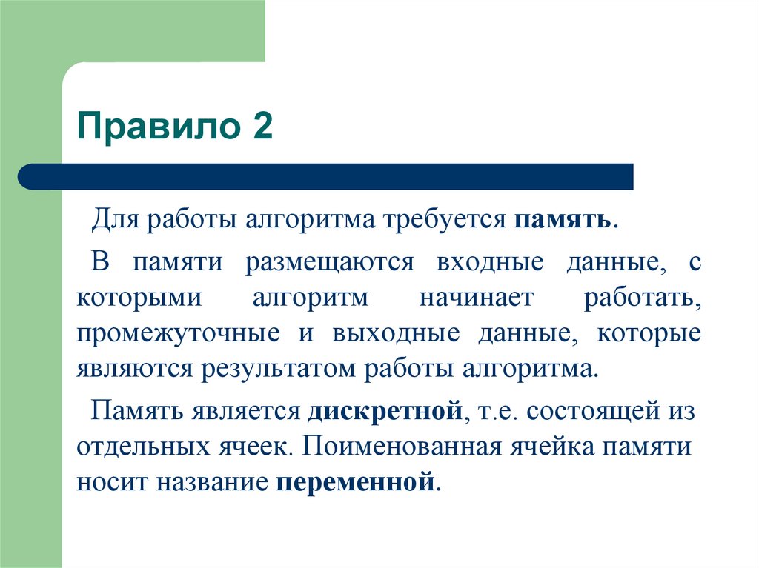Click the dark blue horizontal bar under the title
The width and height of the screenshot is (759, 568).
(326, 176)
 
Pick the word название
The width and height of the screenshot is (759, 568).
(212, 483)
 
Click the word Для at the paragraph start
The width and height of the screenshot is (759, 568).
(111, 221)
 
